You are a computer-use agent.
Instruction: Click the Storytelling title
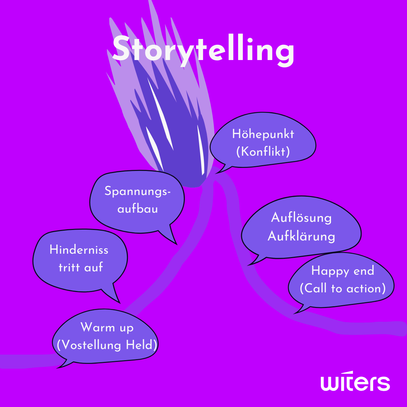(x=203, y=50)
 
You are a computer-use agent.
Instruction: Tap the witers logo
(x=355, y=383)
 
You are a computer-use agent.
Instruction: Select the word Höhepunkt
(x=263, y=134)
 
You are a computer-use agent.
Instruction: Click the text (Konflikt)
(x=263, y=152)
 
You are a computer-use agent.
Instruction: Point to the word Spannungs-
(x=137, y=191)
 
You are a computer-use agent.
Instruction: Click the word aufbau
(x=137, y=209)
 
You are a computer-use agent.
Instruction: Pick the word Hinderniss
(x=79, y=250)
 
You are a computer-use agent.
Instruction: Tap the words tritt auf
(x=81, y=267)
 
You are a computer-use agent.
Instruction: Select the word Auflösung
(x=301, y=218)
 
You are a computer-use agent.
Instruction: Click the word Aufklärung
(x=301, y=236)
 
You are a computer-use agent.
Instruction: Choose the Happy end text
(x=343, y=271)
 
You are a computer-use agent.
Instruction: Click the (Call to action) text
(x=343, y=288)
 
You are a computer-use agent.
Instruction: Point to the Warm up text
(x=107, y=328)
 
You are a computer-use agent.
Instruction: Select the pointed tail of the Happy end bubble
(x=297, y=311)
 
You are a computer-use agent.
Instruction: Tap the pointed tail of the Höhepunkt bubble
(x=219, y=172)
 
